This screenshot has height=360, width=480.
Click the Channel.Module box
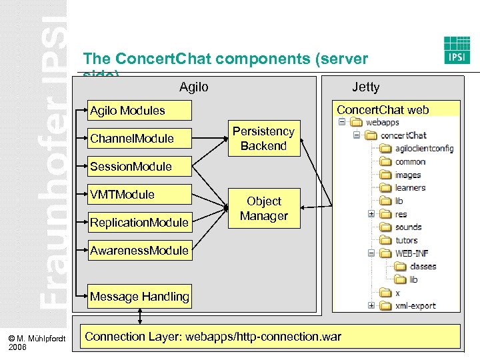(x=140, y=139)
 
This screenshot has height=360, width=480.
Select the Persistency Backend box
(x=263, y=139)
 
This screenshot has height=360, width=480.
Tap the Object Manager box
(x=263, y=209)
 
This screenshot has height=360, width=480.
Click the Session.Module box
(x=140, y=167)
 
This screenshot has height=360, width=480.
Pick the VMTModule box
(x=140, y=195)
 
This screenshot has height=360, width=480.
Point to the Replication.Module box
(x=140, y=223)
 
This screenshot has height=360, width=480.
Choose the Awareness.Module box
(x=140, y=251)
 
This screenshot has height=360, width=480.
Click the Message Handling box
(x=140, y=297)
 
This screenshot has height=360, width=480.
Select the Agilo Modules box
(x=140, y=111)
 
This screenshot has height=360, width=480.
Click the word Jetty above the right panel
(x=365, y=87)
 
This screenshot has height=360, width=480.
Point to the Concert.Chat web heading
(x=383, y=110)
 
